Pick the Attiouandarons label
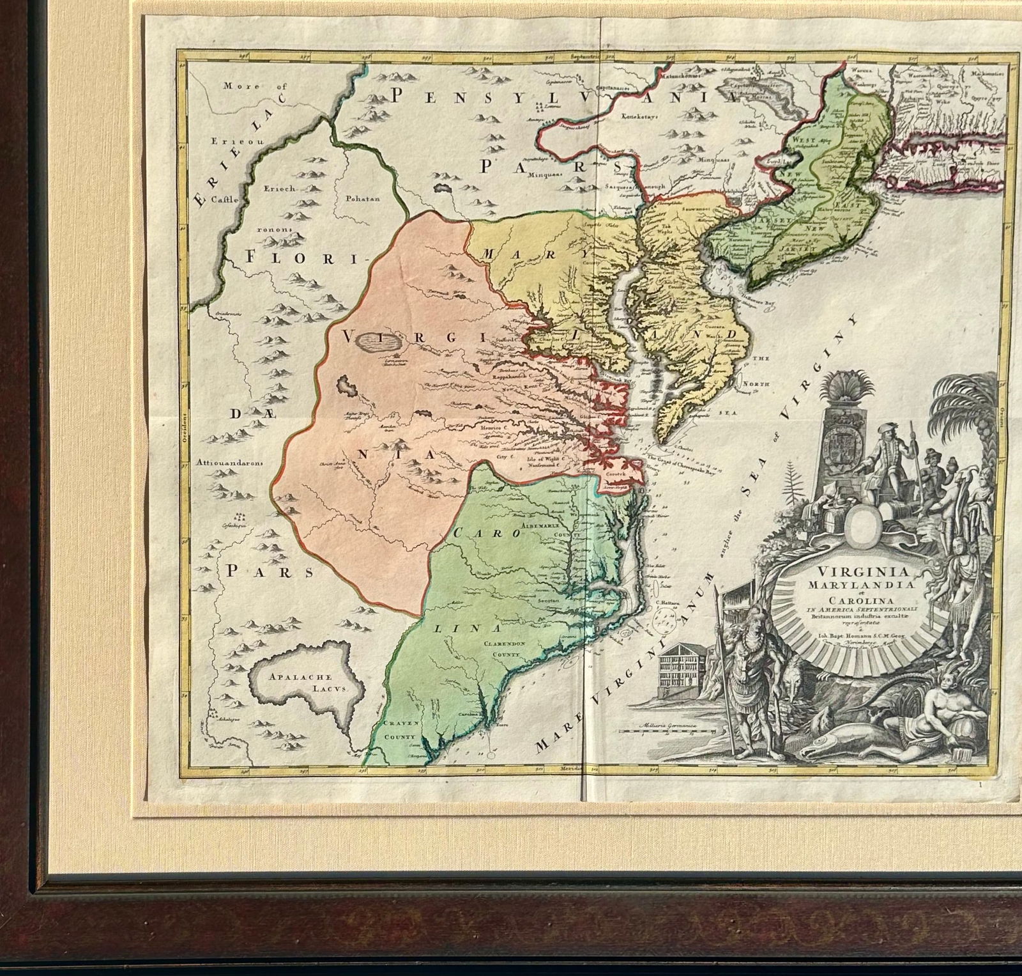coord(231,464)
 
